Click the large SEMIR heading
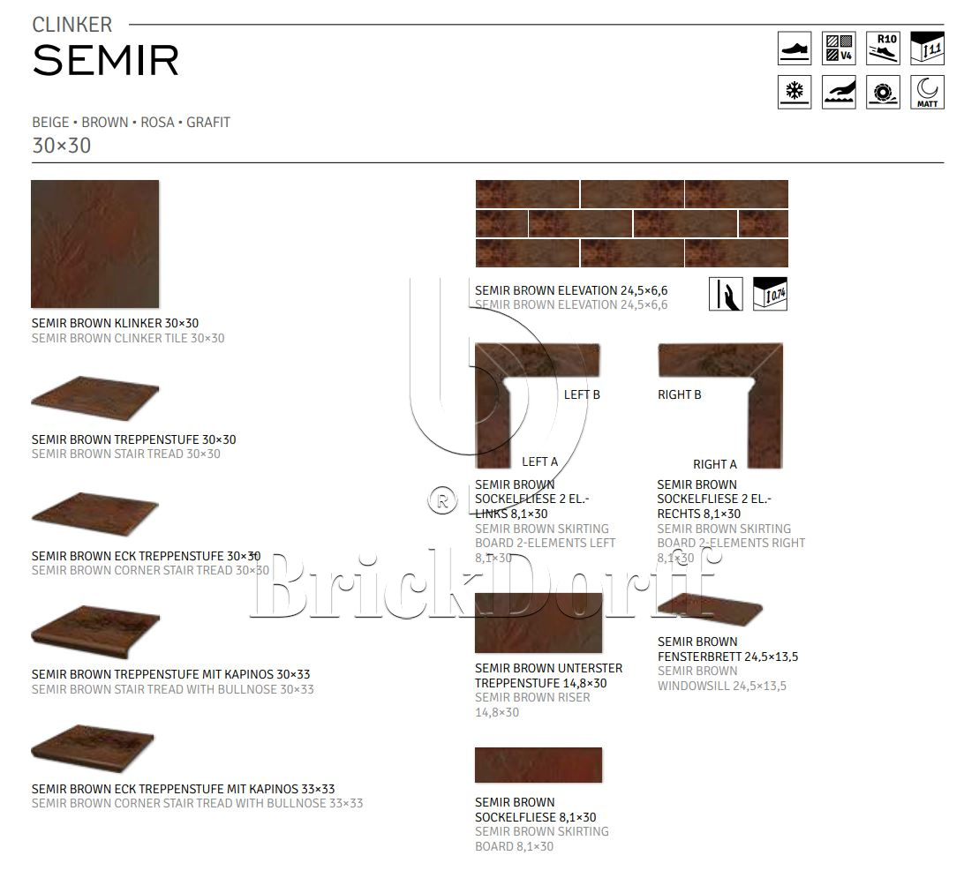coord(106,61)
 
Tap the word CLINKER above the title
coord(72,26)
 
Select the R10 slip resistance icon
coord(882,48)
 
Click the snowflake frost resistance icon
coord(794,92)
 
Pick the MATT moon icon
coord(926,92)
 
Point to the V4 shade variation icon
coord(838,48)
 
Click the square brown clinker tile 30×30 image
coord(94,244)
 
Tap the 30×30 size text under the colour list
coord(62,146)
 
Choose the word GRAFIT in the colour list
coord(208,123)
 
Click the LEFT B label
coord(582,394)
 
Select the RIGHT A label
coord(714,464)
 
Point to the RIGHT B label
coord(679,394)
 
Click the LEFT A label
coord(539,462)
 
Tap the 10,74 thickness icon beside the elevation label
coord(770,294)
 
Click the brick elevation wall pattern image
coord(631,223)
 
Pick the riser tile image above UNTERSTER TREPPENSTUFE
coord(538,623)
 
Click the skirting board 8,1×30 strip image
coord(538,764)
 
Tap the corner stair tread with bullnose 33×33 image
coord(93,739)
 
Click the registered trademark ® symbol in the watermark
coord(441,500)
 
